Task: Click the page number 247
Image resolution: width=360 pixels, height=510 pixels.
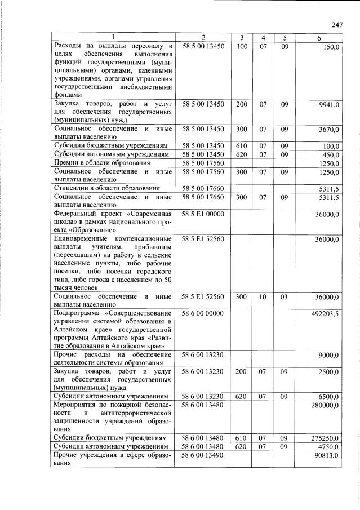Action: pos(337,25)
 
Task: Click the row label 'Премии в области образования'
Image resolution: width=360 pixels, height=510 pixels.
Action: pos(101,163)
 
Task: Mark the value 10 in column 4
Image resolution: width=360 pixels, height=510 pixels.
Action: pos(263,296)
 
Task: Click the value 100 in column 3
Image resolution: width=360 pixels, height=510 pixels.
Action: pos(241,46)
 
